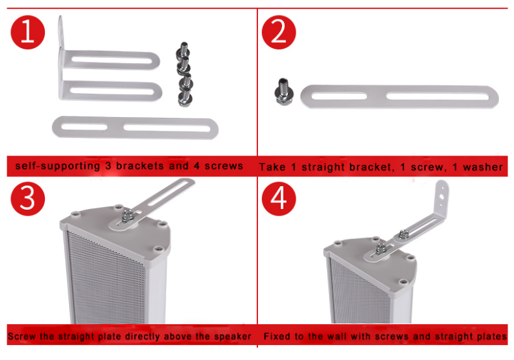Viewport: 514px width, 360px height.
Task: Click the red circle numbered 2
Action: point(278,32)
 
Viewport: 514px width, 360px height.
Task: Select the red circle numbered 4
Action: point(278,199)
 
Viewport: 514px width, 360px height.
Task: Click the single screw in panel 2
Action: point(284,92)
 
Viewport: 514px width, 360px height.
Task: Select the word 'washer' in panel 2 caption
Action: point(482,167)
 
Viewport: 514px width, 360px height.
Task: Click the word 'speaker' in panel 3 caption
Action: point(231,337)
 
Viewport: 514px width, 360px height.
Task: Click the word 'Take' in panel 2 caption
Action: point(272,167)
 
